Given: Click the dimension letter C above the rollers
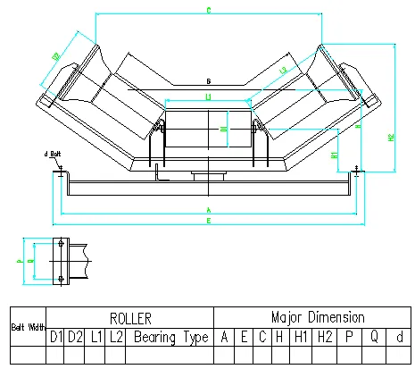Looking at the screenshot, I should point(207,12).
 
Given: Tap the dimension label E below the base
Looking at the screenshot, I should point(207,219).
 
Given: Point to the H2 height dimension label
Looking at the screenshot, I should point(391,137).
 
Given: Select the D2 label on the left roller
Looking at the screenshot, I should point(55,58).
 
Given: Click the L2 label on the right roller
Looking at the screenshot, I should point(284,69).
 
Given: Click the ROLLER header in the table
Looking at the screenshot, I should point(130,317).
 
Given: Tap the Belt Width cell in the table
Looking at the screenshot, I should point(28,327).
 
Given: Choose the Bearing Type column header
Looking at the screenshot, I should point(170,338).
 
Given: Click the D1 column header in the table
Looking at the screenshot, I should point(56,338).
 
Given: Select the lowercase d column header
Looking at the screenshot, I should point(401,338).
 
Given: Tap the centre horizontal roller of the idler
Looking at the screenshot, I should point(207,130).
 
